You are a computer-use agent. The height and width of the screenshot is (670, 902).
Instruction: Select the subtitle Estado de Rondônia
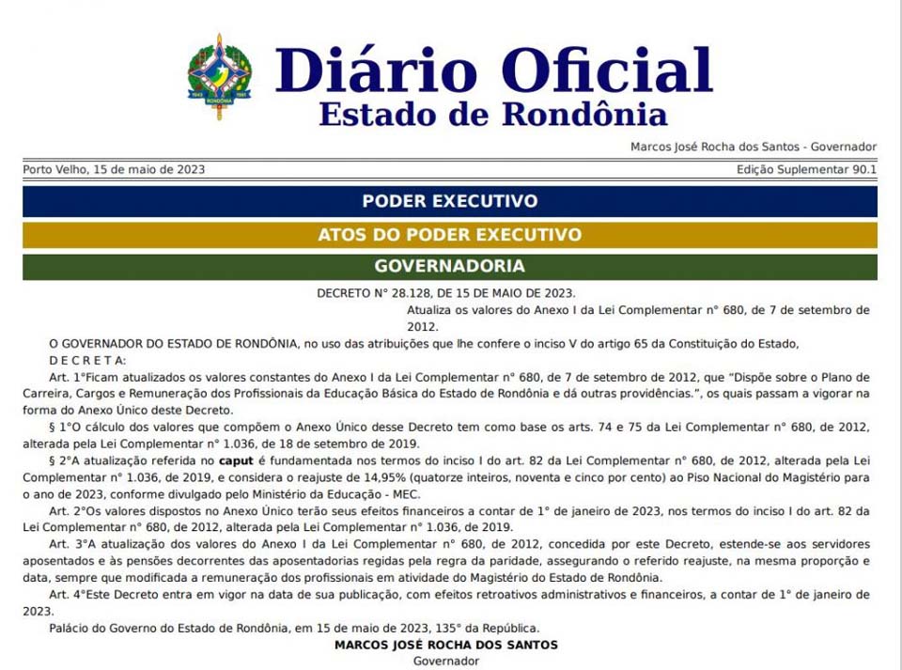492,114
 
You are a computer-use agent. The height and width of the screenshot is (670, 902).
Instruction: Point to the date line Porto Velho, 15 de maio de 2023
114,170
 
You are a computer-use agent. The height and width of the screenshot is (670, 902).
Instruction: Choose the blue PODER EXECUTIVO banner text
450,201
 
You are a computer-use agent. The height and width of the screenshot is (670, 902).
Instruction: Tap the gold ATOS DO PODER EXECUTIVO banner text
450,234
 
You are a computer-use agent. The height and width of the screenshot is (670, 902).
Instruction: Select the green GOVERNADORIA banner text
450,266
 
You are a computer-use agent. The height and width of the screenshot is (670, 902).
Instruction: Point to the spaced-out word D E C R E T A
86,360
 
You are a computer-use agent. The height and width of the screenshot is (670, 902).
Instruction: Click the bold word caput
236,461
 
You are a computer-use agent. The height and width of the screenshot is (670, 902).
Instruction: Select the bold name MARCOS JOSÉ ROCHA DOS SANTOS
446,645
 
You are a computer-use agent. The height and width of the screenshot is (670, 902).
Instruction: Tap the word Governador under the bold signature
446,661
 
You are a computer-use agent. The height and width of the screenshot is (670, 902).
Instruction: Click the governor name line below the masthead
754,147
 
